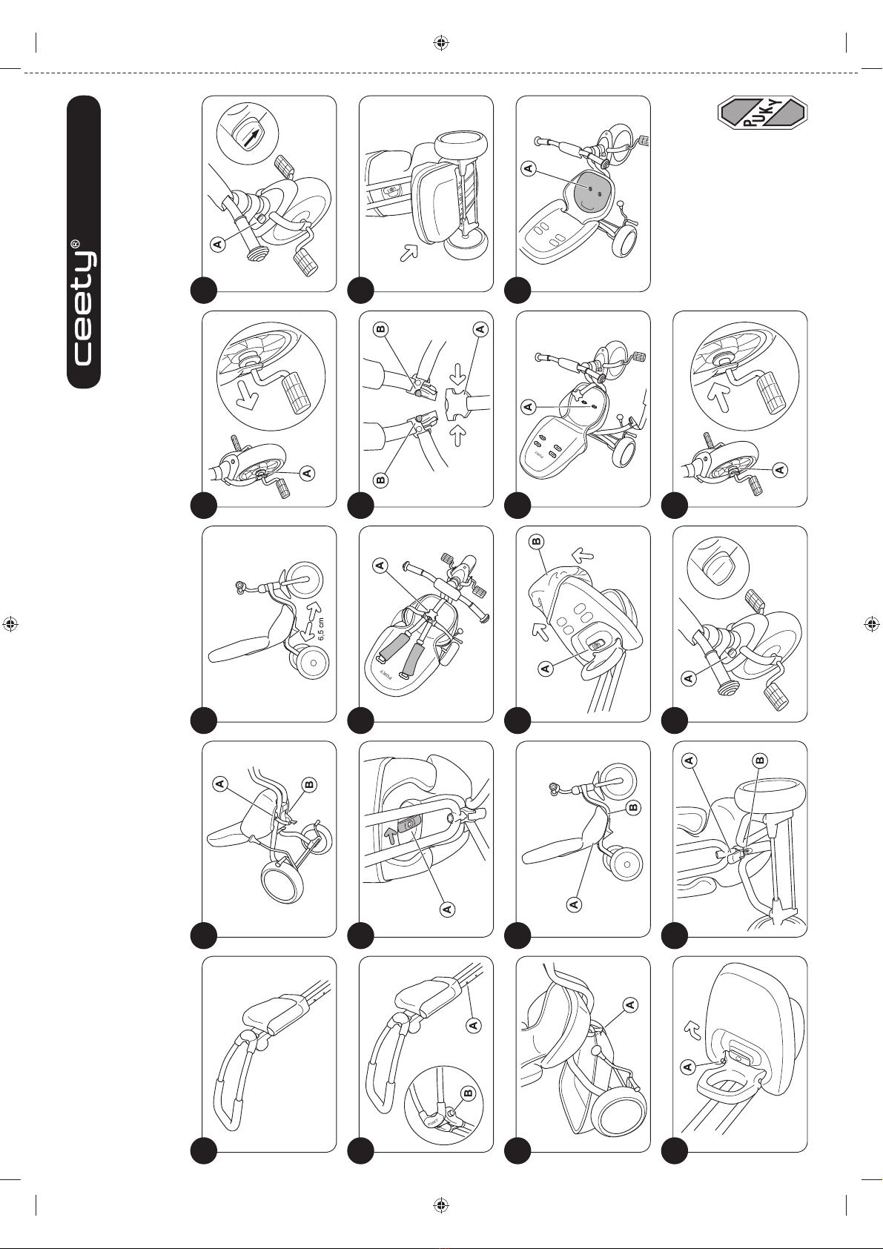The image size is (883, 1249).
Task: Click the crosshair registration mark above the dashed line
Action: [x=441, y=42]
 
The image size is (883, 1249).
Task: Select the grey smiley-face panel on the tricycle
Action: [x=591, y=193]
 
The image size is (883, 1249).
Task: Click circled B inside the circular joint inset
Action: [x=467, y=1093]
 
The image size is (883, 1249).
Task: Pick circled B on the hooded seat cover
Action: [x=536, y=541]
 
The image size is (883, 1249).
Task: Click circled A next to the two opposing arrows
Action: [x=480, y=330]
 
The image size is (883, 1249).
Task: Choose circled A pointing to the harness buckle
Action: [x=380, y=566]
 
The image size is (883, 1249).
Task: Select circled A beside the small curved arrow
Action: [x=688, y=1067]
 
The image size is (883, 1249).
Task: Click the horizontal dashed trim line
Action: [x=441, y=73]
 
